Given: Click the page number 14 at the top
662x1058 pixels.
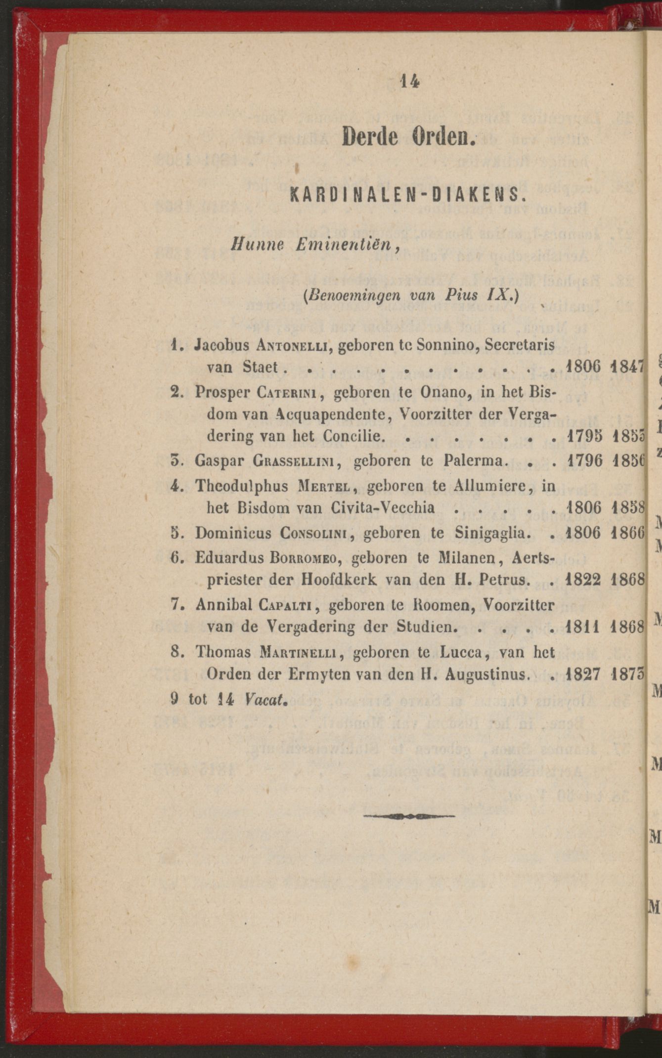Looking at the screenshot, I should point(410,81).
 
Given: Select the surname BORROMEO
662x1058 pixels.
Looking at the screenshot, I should point(304,557).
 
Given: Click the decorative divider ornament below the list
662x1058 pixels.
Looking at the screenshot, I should point(409,816).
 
